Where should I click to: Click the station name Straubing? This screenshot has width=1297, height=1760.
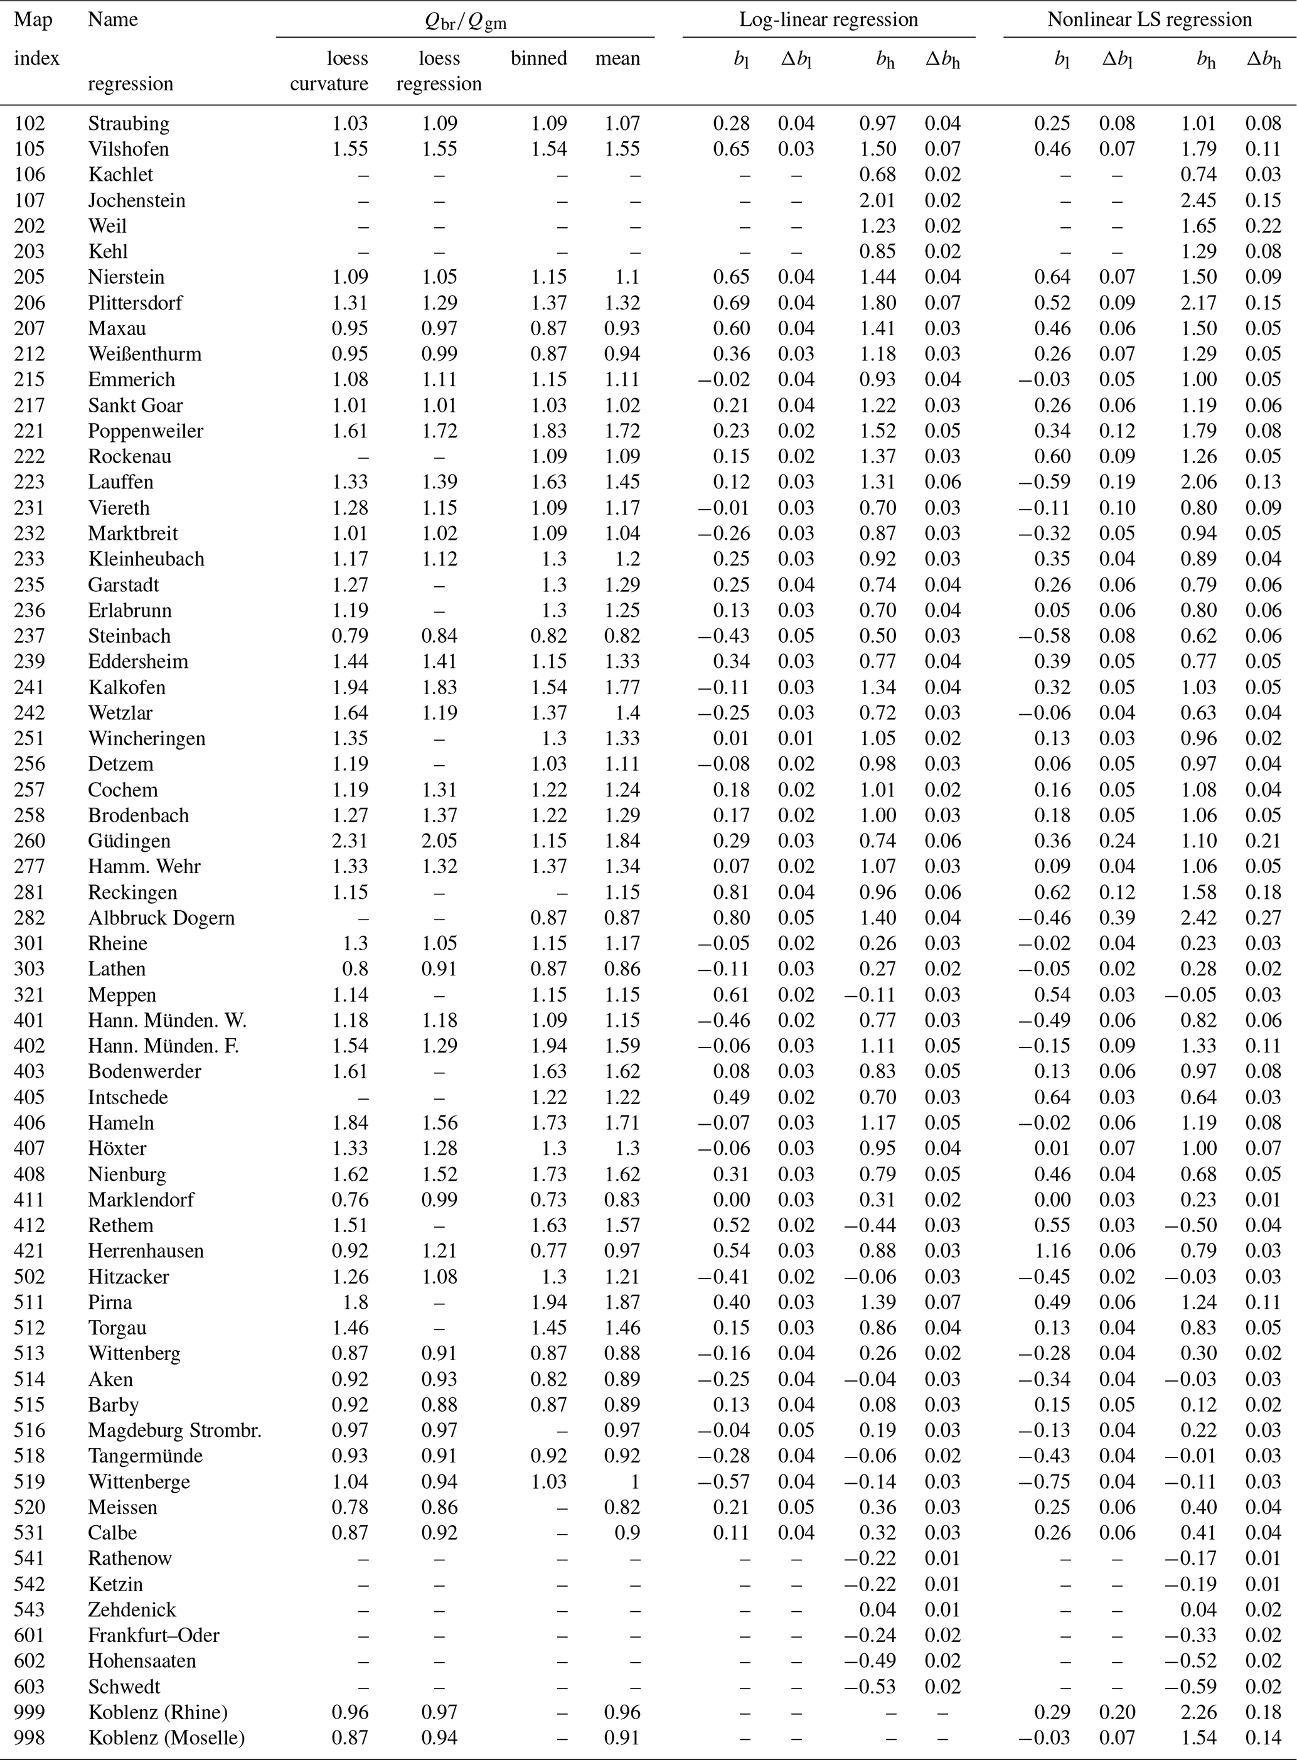click(x=128, y=123)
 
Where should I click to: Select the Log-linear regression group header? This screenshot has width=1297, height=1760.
click(x=828, y=19)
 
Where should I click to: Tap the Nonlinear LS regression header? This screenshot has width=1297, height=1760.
click(x=1150, y=19)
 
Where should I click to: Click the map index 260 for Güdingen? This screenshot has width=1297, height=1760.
click(x=30, y=841)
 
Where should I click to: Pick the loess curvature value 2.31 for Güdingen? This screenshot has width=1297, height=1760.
click(x=350, y=841)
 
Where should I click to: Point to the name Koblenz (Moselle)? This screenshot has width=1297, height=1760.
click(x=166, y=1738)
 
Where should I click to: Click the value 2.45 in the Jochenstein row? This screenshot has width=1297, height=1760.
click(x=1198, y=200)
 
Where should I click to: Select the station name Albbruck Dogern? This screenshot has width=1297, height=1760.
click(x=161, y=918)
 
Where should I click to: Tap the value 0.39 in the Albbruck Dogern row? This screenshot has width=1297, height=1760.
click(x=1116, y=918)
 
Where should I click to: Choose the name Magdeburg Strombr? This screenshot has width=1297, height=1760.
click(x=174, y=1430)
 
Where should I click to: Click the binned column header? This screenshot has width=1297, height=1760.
click(x=538, y=58)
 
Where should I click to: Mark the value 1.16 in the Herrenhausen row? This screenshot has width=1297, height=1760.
click(x=1052, y=1251)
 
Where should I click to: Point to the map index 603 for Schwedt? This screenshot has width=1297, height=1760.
click(x=30, y=1687)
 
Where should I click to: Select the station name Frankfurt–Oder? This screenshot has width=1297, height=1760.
click(x=153, y=1635)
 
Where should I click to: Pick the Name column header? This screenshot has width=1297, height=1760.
click(x=112, y=19)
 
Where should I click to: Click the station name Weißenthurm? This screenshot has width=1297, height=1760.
click(x=144, y=354)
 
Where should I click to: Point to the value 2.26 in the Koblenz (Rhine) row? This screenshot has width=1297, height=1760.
click(x=1198, y=1712)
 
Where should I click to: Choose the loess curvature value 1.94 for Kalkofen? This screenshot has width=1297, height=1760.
click(x=350, y=687)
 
